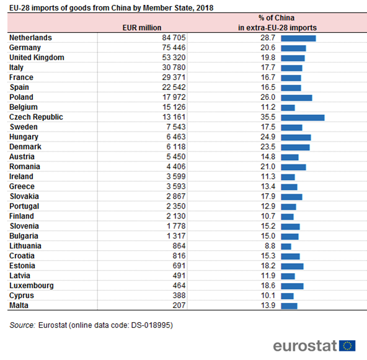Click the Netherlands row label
(30, 38)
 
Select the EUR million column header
(142, 28)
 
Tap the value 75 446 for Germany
(174, 48)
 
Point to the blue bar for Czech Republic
(303, 118)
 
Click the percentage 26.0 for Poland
(268, 97)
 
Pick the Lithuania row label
(25, 246)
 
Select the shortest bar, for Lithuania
(286, 246)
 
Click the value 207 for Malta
(179, 305)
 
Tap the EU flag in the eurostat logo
(347, 346)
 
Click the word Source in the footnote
(22, 325)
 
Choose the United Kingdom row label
(37, 58)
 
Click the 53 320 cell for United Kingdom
(174, 58)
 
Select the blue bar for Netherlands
(298, 38)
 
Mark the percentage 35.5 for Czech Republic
(268, 117)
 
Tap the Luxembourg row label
(32, 286)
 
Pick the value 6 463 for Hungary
(176, 137)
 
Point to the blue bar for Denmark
(295, 148)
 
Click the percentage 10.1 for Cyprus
(268, 295)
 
